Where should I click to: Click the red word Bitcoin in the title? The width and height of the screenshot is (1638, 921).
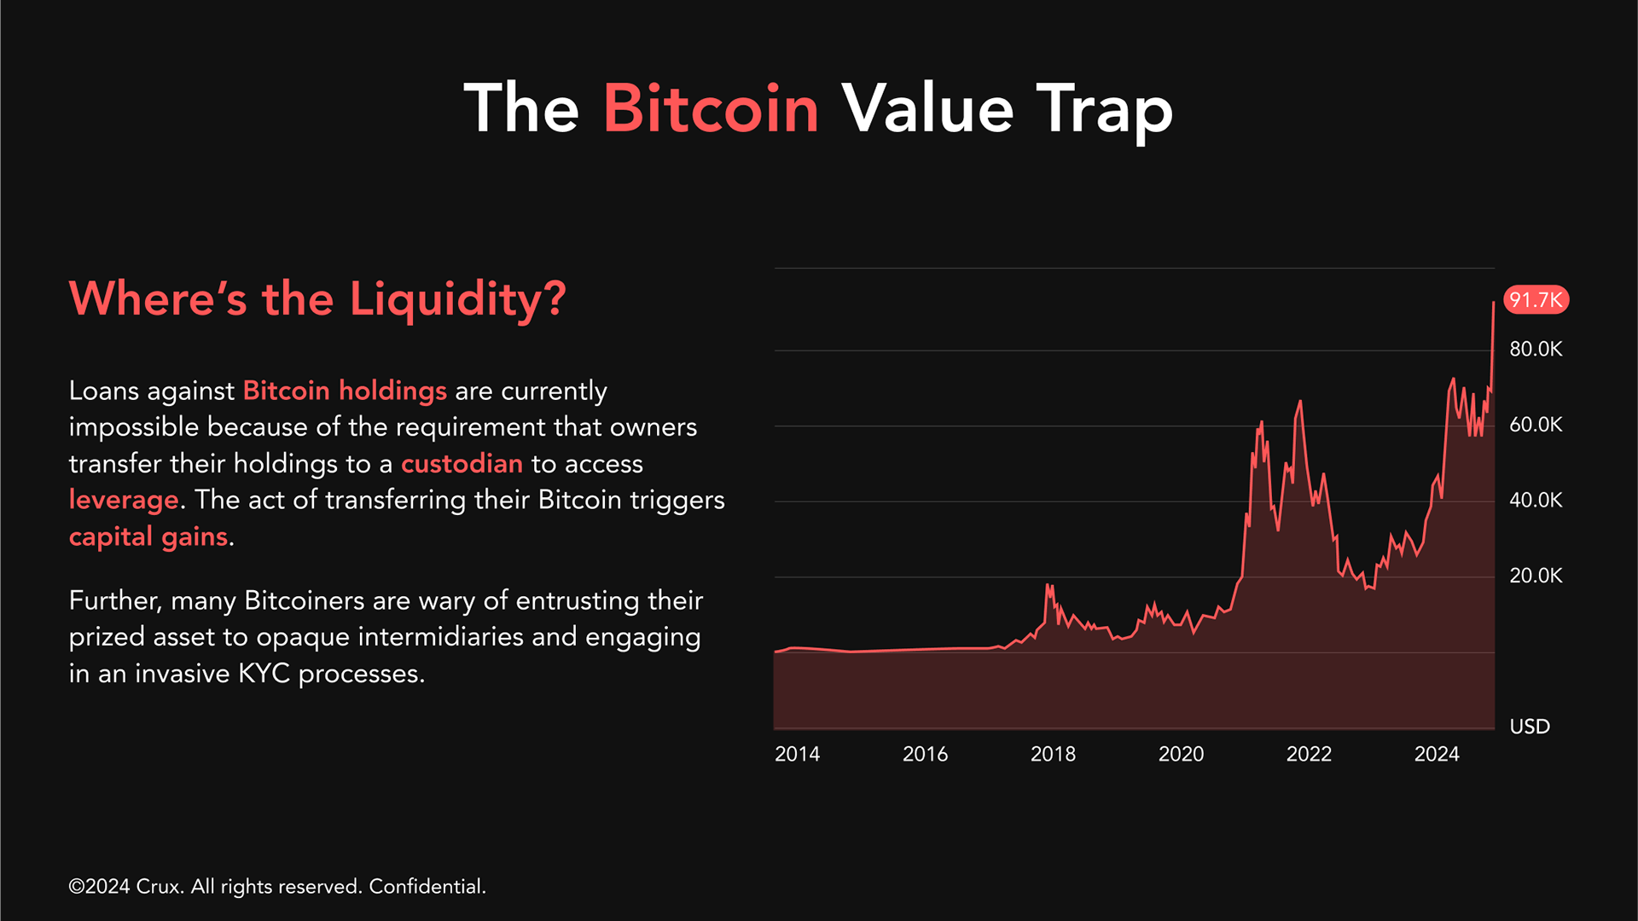click(x=711, y=108)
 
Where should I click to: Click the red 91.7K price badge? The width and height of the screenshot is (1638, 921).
click(x=1536, y=299)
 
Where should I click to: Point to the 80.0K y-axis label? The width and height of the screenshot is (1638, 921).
click(x=1536, y=349)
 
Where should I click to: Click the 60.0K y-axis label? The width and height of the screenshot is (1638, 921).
click(x=1536, y=425)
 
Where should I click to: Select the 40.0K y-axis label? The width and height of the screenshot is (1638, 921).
click(x=1536, y=500)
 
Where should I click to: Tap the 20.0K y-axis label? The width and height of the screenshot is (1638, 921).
click(x=1536, y=576)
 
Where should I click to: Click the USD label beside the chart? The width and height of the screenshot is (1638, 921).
click(x=1530, y=727)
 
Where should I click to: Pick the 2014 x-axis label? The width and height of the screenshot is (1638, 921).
click(x=797, y=754)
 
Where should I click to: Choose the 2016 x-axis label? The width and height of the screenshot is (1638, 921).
click(x=925, y=754)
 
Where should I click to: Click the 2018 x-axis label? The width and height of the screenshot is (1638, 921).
click(x=1053, y=754)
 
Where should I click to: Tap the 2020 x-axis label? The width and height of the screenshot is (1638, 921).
click(x=1181, y=754)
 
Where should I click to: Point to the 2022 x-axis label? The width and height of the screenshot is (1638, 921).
click(x=1309, y=754)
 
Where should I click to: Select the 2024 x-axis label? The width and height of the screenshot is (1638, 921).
click(x=1437, y=754)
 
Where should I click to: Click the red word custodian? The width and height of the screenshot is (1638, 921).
click(x=462, y=464)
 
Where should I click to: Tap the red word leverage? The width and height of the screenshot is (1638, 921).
click(x=124, y=501)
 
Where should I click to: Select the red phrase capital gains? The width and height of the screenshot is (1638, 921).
click(x=148, y=537)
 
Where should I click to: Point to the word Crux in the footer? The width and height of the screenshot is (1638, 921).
click(x=159, y=887)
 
